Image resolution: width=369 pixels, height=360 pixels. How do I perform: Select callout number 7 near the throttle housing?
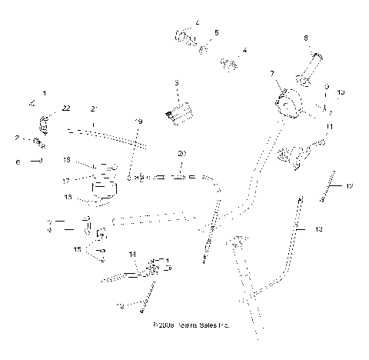pyautogui.click(x=271, y=74)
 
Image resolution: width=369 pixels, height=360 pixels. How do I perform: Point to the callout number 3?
pyautogui.click(x=176, y=83)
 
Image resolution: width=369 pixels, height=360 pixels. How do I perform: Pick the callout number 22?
pyautogui.click(x=67, y=108)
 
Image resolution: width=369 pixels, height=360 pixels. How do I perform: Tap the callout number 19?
pyautogui.click(x=138, y=122)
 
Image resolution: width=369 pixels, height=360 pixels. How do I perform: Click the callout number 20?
pyautogui.click(x=181, y=154)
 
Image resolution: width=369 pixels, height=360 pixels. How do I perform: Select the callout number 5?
pyautogui.click(x=217, y=32)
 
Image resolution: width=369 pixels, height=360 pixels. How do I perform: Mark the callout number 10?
pyautogui.click(x=340, y=92)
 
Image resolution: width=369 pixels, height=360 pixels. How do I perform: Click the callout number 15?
pyautogui.click(x=77, y=249)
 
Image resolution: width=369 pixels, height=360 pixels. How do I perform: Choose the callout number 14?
pyautogui.click(x=132, y=254)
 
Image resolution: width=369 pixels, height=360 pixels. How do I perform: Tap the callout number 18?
pyautogui.click(x=67, y=160)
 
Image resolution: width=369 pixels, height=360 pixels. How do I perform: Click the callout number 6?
pyautogui.click(x=18, y=162)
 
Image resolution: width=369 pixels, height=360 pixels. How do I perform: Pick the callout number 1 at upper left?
pyautogui.click(x=43, y=93)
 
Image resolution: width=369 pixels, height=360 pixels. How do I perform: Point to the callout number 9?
pyautogui.click(x=327, y=87)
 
